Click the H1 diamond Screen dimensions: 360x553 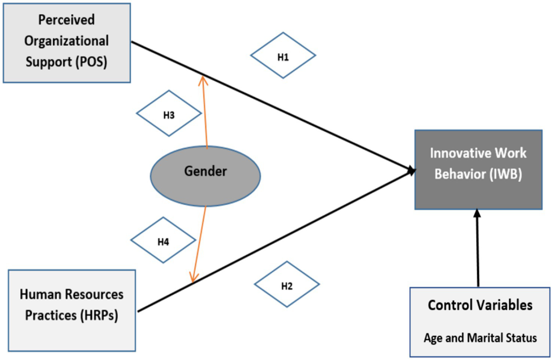tap(283, 56)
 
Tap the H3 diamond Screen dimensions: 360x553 tap(169, 113)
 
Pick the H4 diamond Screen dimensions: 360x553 tap(163, 240)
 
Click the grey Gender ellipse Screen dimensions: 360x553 tap(205, 176)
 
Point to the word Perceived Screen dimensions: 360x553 tap(66, 20)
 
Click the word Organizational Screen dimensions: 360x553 tap(66, 41)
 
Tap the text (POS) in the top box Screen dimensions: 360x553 tap(91, 62)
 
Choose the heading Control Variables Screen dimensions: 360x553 tap(480, 305)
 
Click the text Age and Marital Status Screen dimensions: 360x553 tap(480, 338)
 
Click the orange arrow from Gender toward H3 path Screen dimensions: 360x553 tap(205, 112)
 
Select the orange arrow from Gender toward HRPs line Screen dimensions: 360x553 tap(199, 243)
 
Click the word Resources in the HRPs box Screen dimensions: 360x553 tap(94, 295)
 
